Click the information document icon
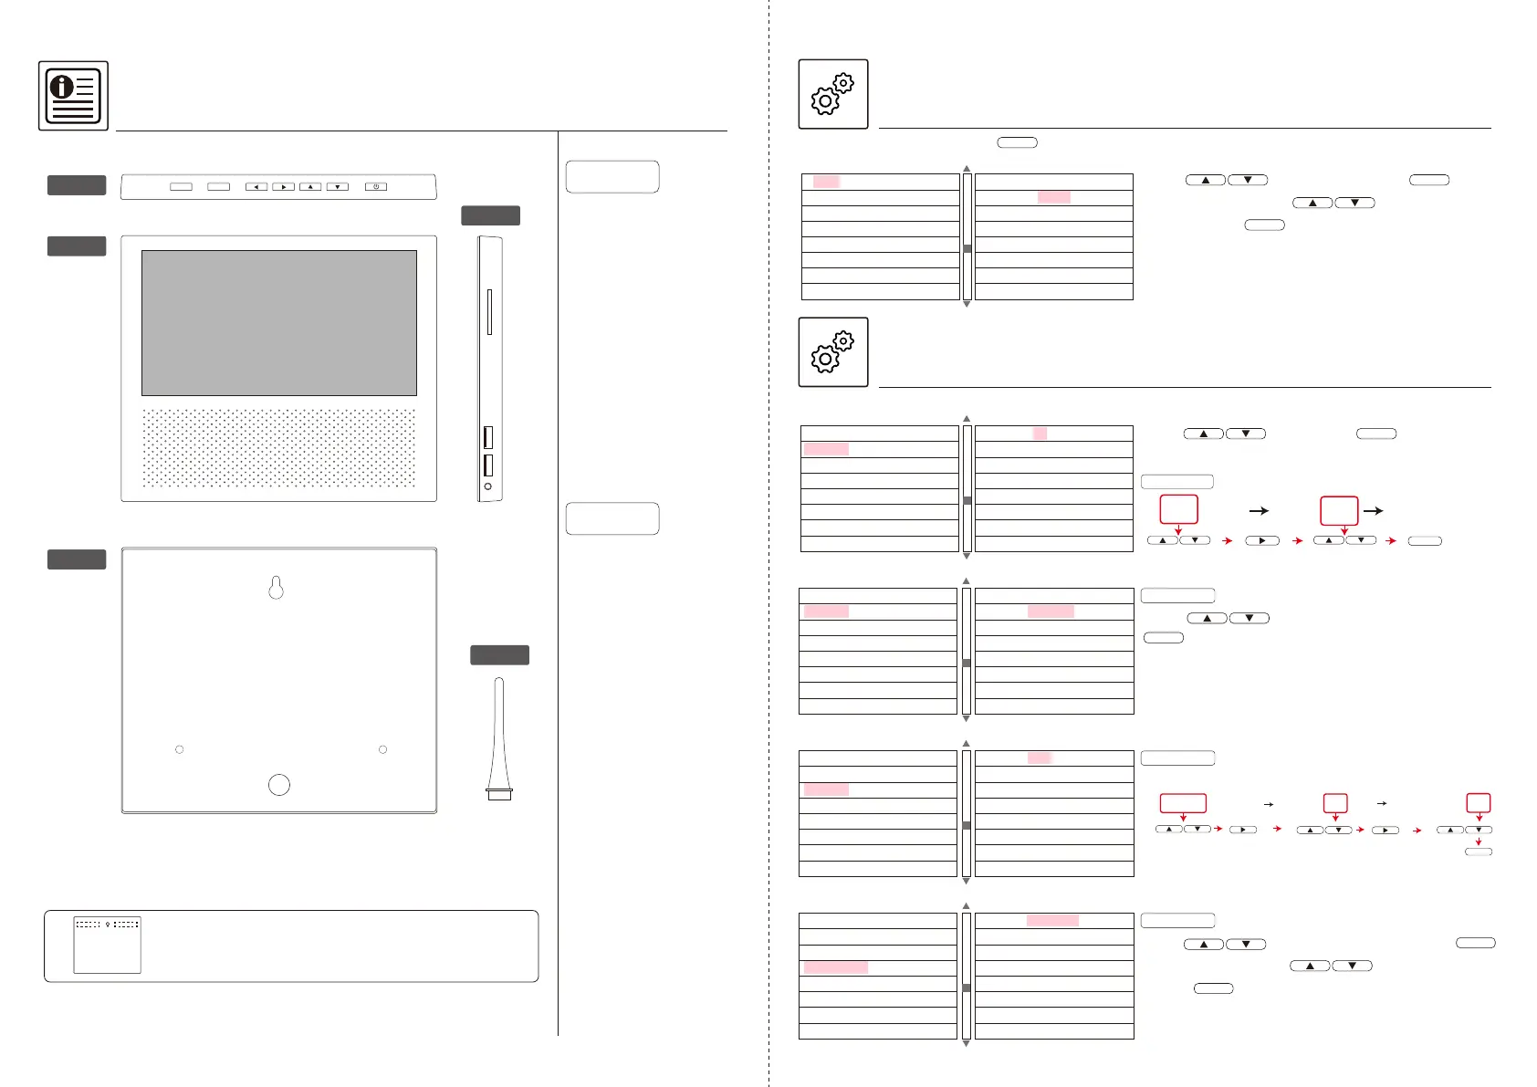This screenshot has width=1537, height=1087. [73, 96]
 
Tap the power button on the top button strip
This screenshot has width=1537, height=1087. [376, 186]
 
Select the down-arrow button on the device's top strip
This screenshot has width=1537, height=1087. [338, 186]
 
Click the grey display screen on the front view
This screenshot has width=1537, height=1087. [279, 322]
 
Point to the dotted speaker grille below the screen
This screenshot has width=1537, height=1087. [279, 447]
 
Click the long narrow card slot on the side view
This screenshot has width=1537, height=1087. [489, 312]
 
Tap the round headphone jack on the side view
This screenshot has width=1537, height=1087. [488, 487]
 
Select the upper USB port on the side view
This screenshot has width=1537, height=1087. [488, 436]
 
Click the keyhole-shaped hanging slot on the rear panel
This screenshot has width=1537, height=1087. [277, 589]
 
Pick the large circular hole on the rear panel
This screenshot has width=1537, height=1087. [279, 785]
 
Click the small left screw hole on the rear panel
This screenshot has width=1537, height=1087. [180, 749]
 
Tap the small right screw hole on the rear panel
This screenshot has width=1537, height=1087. [382, 749]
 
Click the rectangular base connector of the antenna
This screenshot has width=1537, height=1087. [499, 794]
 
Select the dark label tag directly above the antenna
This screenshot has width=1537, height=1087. [499, 654]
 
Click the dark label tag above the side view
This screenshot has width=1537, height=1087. [490, 215]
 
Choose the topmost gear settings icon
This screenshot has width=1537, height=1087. [833, 94]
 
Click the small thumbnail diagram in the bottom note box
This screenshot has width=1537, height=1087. [108, 945]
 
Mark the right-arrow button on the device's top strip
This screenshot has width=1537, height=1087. [284, 186]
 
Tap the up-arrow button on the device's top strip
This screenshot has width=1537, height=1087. [310, 186]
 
